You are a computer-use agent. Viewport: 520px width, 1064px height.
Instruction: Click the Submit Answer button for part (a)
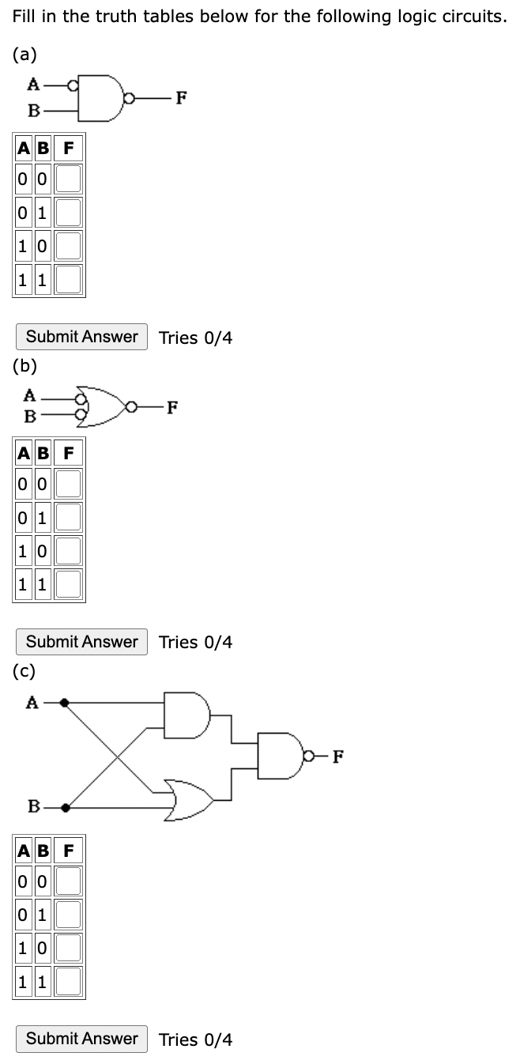coord(81,337)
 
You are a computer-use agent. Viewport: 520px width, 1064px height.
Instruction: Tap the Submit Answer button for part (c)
coord(81,1039)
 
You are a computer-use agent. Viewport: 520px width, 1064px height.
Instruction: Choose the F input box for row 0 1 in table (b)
coord(69,518)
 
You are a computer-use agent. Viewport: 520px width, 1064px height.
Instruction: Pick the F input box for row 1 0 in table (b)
coord(69,551)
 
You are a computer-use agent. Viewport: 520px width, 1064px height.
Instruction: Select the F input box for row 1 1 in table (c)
coord(69,981)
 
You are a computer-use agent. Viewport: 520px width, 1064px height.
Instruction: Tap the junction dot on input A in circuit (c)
coord(65,701)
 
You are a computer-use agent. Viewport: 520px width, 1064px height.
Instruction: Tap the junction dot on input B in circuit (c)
coord(65,808)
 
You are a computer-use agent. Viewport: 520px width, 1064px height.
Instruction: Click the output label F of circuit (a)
coord(182,98)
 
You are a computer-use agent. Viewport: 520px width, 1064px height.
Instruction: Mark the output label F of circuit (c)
coord(337,756)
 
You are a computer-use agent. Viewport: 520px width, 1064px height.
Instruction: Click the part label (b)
coord(24,365)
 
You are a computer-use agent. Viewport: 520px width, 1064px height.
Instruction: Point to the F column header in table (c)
coord(69,851)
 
